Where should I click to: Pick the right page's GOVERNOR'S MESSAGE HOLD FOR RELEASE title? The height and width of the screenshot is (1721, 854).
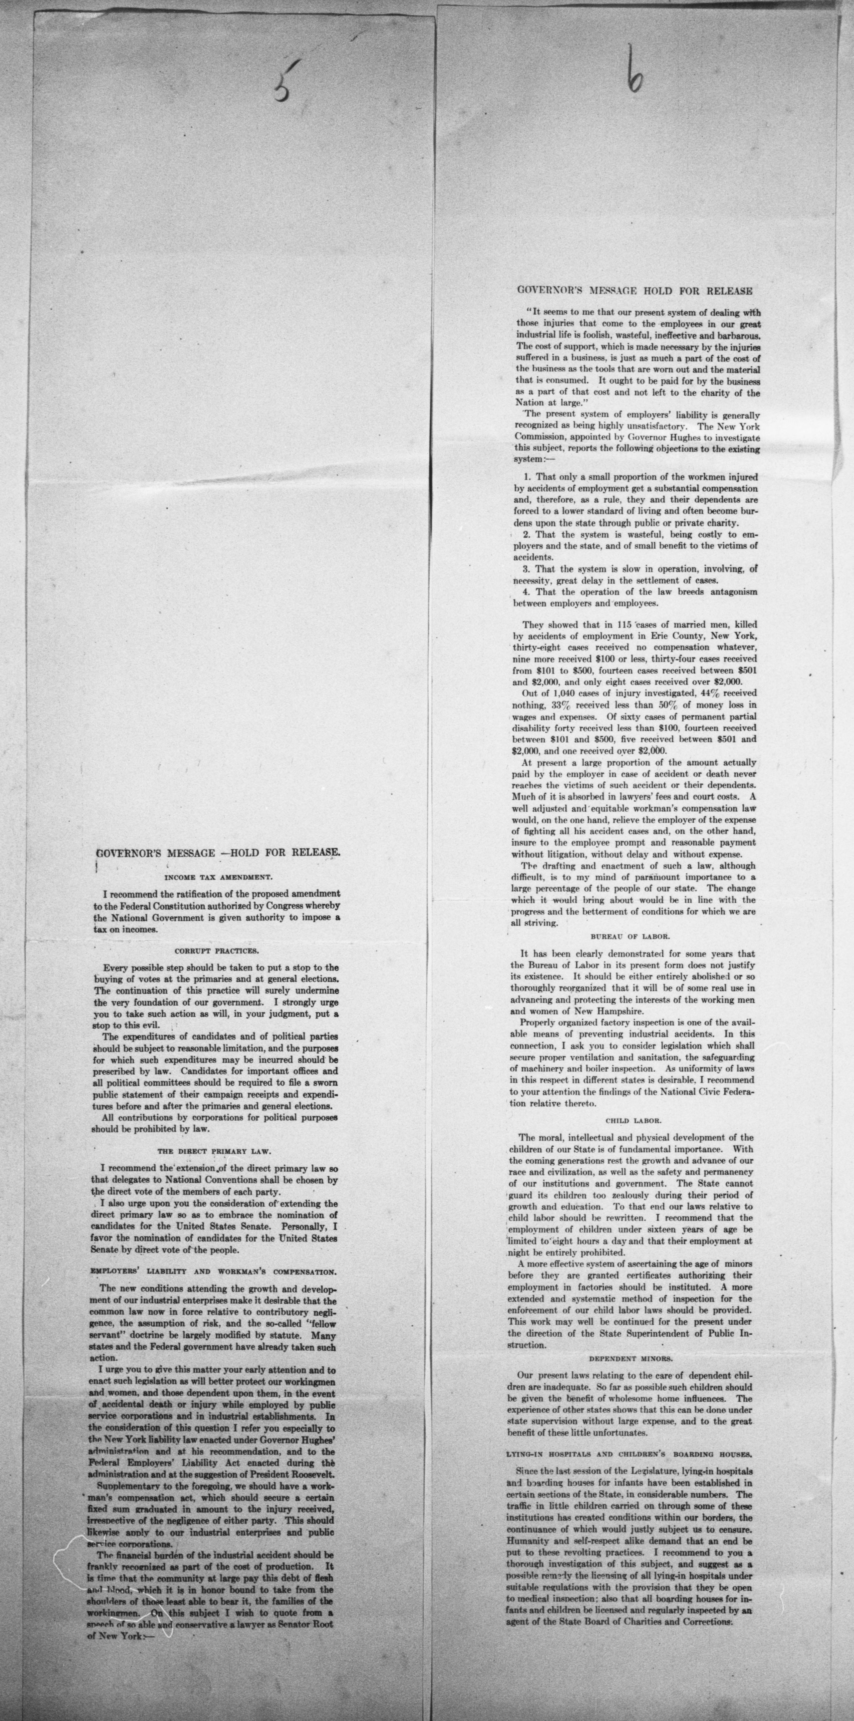[635, 291]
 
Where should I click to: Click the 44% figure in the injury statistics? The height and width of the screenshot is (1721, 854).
[714, 694]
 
